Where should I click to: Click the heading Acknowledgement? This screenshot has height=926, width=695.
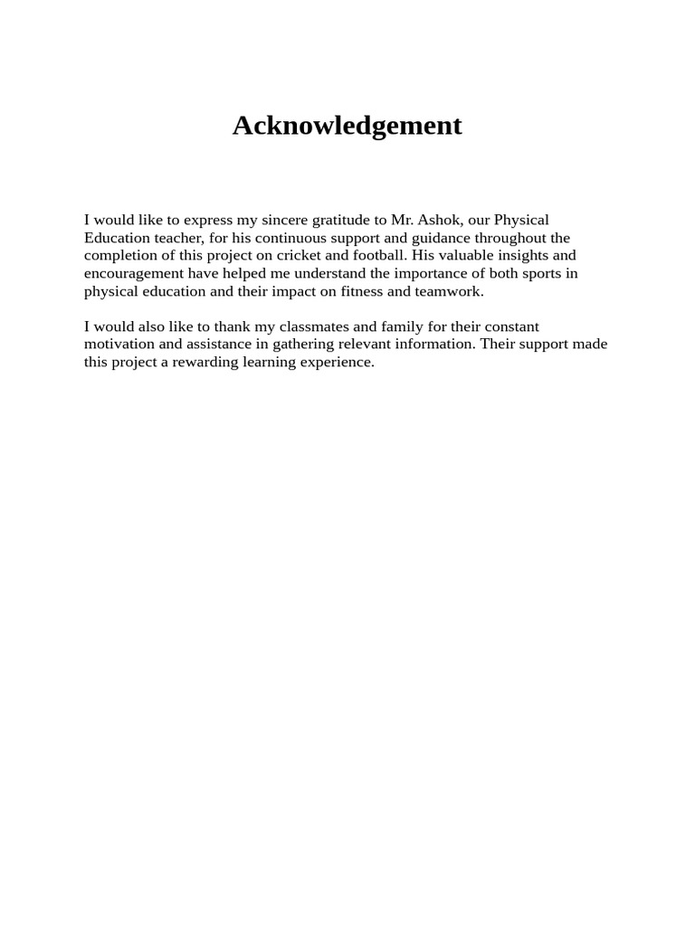click(x=347, y=126)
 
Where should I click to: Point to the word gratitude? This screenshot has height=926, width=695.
click(x=341, y=220)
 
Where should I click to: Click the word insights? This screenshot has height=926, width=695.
click(x=519, y=256)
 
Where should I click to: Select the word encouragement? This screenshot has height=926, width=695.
click(x=134, y=273)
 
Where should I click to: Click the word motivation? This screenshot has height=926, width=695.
click(x=119, y=345)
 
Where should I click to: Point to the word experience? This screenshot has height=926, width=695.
click(x=338, y=363)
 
